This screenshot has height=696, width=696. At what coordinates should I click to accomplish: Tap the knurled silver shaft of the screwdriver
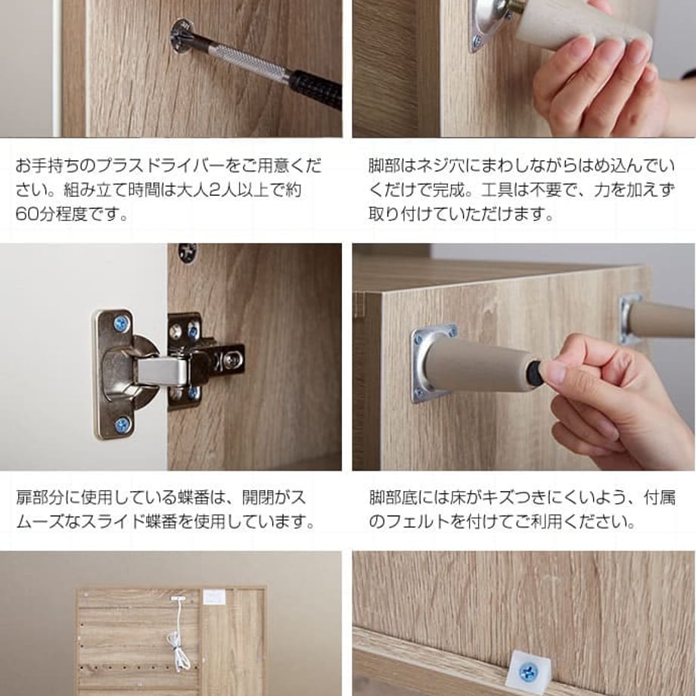coord(249,63)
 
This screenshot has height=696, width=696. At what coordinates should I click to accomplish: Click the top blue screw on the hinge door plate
coord(121,324)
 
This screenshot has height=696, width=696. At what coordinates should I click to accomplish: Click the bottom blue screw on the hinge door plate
coord(122,425)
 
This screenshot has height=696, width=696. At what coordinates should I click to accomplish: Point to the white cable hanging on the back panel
coord(179,635)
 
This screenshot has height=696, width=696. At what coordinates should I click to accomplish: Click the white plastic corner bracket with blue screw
coord(529,670)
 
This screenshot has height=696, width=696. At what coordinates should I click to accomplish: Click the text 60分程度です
coord(72,214)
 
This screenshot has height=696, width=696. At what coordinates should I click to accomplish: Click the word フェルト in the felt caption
coord(418,521)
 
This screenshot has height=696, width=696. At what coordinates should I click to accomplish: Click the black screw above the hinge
coord(188,253)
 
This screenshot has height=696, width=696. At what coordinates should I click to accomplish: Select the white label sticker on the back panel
coord(214,597)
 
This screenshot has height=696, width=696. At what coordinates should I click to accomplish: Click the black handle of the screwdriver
coord(316,89)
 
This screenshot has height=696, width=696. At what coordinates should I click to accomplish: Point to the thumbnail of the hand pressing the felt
coord(524,357)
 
